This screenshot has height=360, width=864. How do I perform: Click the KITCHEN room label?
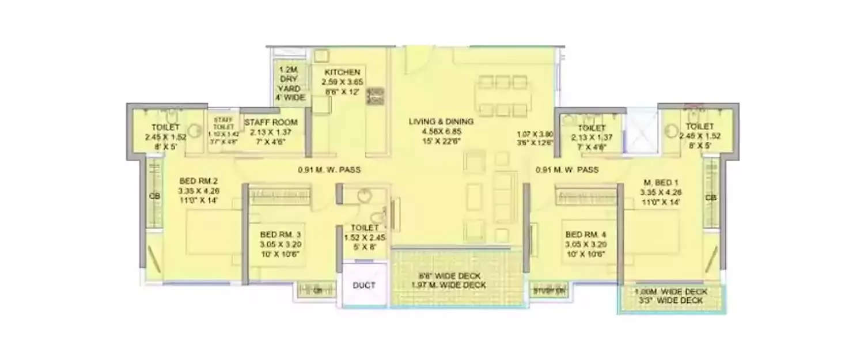[342, 72]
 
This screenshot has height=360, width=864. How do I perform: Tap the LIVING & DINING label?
[441, 122]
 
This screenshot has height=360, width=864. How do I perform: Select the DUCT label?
[364, 285]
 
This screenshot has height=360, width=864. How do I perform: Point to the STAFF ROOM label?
[271, 122]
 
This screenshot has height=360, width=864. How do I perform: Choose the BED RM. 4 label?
[586, 234]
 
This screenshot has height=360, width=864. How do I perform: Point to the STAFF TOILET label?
[223, 123]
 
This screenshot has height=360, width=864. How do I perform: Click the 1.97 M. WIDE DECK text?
[449, 285]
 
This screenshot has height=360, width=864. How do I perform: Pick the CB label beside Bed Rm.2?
[154, 196]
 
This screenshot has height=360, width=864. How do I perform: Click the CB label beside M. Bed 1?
[711, 198]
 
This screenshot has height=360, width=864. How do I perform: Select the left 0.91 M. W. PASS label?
[329, 170]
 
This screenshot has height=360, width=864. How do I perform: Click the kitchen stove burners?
[376, 96]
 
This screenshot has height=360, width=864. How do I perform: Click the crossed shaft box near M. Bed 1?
[642, 130]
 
